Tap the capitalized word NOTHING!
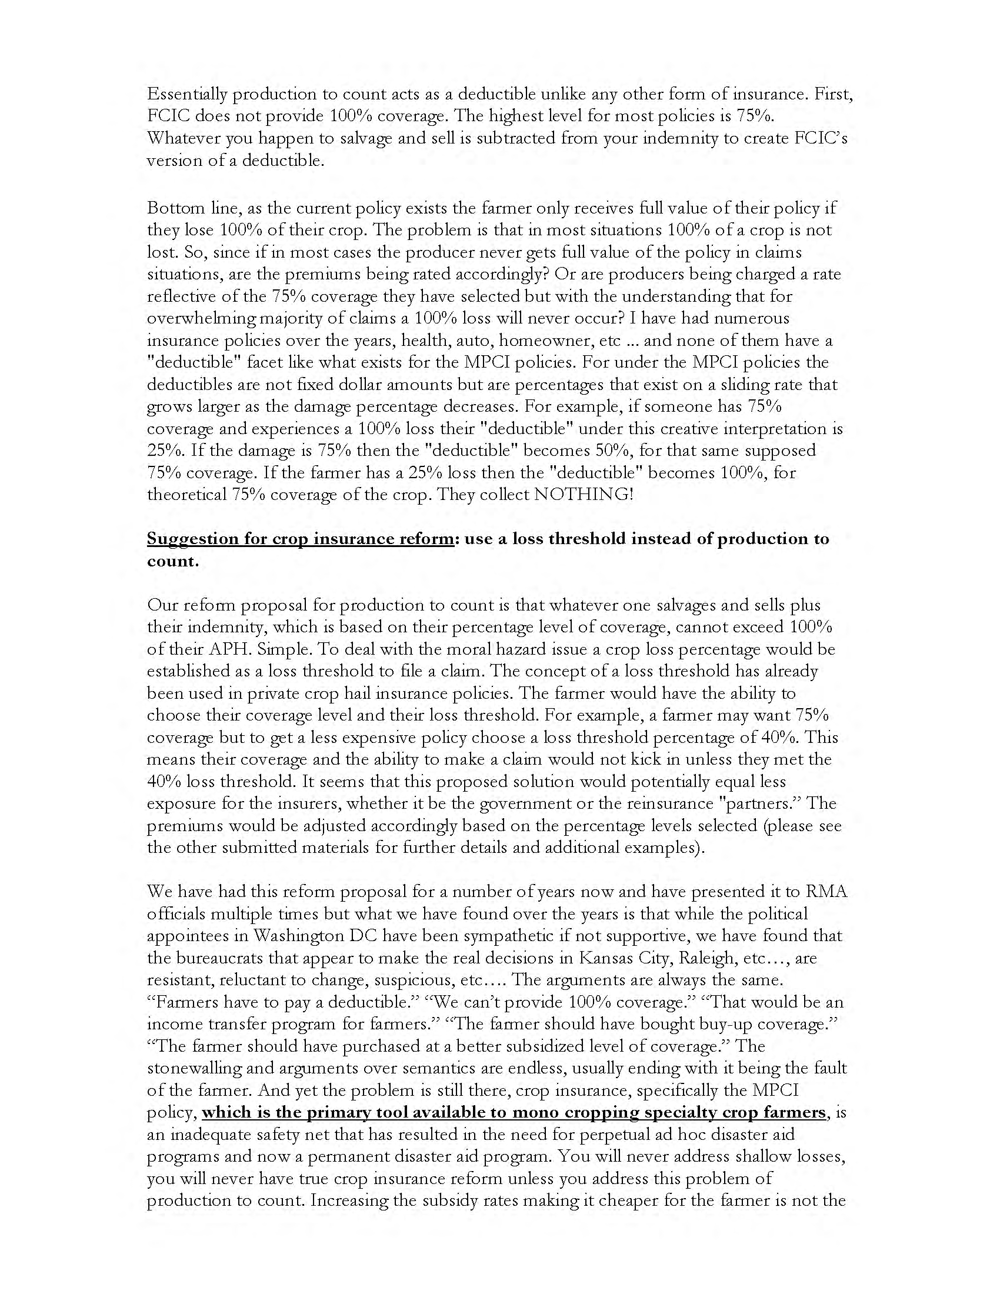[x=584, y=494]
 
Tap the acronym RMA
[x=826, y=892]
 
